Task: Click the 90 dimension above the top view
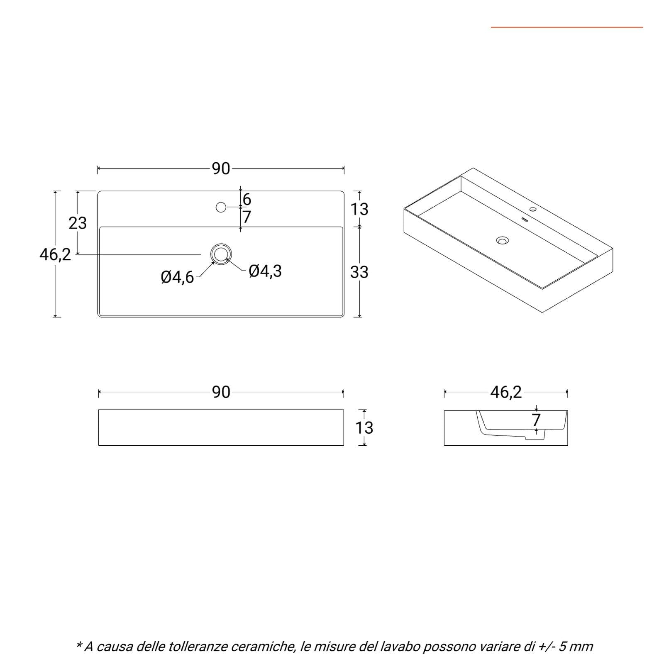tap(221, 168)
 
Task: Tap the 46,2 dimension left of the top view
tap(55, 254)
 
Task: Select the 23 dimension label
tap(78, 223)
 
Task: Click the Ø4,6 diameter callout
tap(178, 277)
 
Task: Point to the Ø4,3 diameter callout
tap(265, 271)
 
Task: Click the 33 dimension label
tap(359, 272)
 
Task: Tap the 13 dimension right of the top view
tap(359, 209)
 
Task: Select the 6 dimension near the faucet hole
tap(247, 200)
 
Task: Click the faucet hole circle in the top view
tap(221, 207)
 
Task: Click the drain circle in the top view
tap(221, 254)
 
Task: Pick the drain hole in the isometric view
tap(503, 240)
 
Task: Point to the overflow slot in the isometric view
tap(524, 220)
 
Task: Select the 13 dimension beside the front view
tap(364, 428)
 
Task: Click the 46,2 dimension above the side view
tap(506, 392)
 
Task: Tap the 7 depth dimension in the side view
tap(537, 420)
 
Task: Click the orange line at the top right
tap(567, 27)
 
